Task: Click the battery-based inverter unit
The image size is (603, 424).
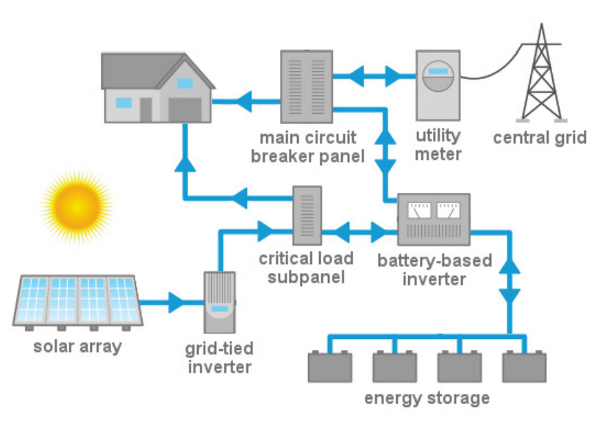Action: (434, 219)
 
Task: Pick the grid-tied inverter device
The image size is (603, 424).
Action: (220, 301)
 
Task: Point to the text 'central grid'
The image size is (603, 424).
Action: (540, 138)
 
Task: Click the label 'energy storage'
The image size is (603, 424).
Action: (427, 398)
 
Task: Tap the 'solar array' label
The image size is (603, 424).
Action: (77, 346)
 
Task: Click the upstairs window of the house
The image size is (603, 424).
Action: (185, 83)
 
